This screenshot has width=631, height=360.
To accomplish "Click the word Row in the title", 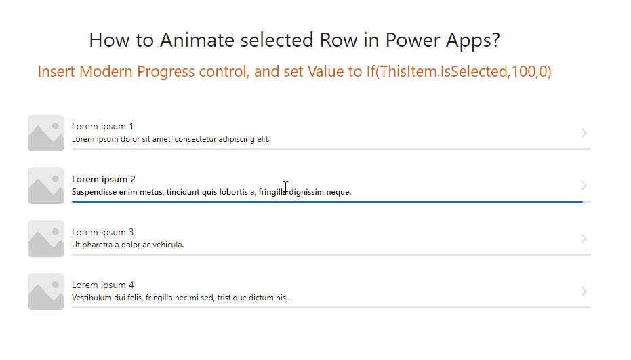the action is click(x=338, y=40).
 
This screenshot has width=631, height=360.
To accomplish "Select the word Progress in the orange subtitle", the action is click(x=165, y=72).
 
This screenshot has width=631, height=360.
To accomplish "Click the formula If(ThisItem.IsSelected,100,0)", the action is click(x=459, y=72).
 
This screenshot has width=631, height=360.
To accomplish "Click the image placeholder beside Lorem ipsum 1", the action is click(x=46, y=133).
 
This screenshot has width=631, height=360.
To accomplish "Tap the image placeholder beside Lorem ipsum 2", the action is click(x=46, y=186).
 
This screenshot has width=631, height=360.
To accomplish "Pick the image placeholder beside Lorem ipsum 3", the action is click(x=46, y=239).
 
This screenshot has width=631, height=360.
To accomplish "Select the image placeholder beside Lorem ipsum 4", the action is click(x=46, y=292).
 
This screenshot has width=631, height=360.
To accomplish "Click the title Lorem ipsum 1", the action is click(x=102, y=127).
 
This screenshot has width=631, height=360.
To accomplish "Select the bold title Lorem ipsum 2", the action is click(x=104, y=179).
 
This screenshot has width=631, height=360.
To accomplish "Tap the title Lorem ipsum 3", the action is click(x=102, y=233).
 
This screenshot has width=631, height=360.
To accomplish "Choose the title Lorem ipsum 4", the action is click(x=102, y=285).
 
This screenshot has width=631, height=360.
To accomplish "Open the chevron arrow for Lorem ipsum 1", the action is click(x=584, y=132).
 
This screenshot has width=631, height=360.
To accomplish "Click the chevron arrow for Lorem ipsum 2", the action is click(x=584, y=185).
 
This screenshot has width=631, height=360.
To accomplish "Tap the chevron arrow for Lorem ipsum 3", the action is click(x=584, y=239).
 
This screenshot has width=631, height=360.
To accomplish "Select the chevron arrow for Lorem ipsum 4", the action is click(x=584, y=291).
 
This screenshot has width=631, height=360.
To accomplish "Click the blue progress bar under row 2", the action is click(x=327, y=201).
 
